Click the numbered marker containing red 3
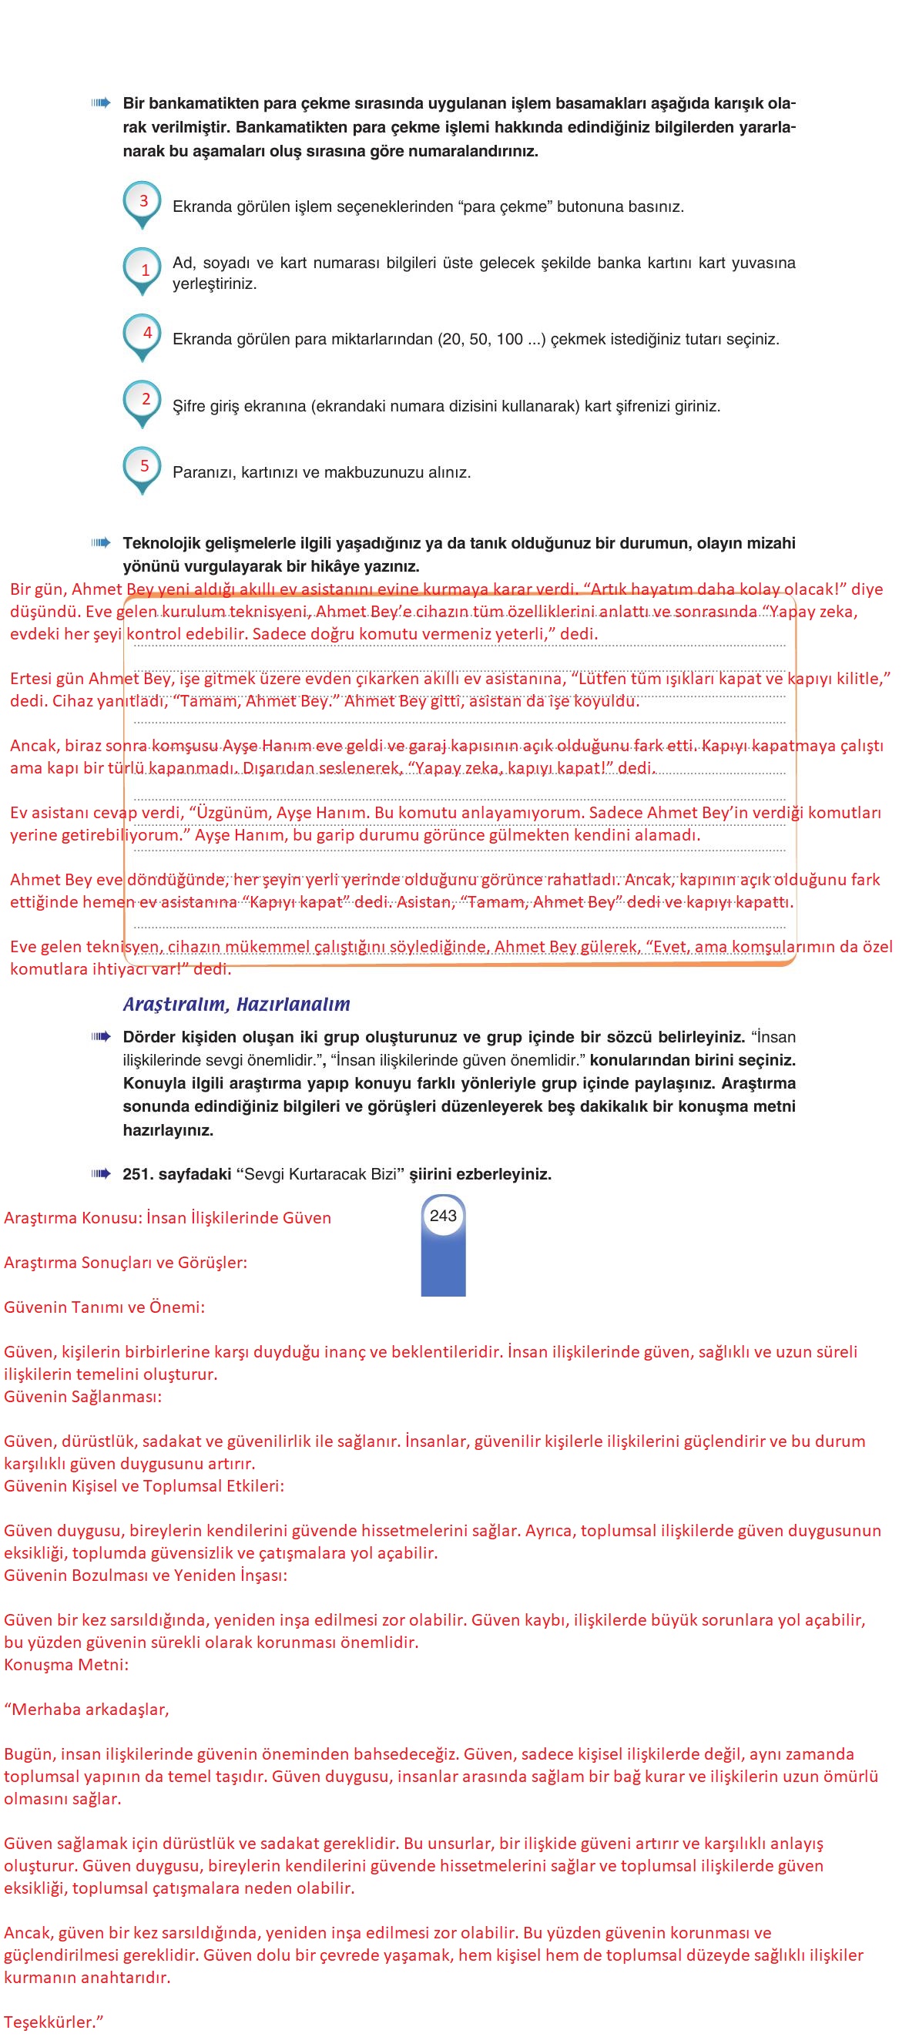(143, 202)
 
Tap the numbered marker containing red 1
(143, 270)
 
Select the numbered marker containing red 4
(143, 334)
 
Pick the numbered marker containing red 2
(143, 401)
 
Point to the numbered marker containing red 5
(143, 468)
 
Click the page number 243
(443, 1216)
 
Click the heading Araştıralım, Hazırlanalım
(236, 1005)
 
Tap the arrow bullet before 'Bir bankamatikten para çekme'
(100, 102)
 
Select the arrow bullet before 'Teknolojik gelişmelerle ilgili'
(100, 542)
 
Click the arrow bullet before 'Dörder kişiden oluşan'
(100, 1036)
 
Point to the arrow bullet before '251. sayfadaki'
(100, 1173)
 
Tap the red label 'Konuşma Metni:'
(66, 1665)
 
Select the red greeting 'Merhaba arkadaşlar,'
(87, 1709)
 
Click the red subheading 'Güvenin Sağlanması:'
(83, 1397)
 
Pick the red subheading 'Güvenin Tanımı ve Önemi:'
(104, 1307)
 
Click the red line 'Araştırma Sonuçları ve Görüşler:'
(126, 1262)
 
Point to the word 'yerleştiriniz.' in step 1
(215, 284)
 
